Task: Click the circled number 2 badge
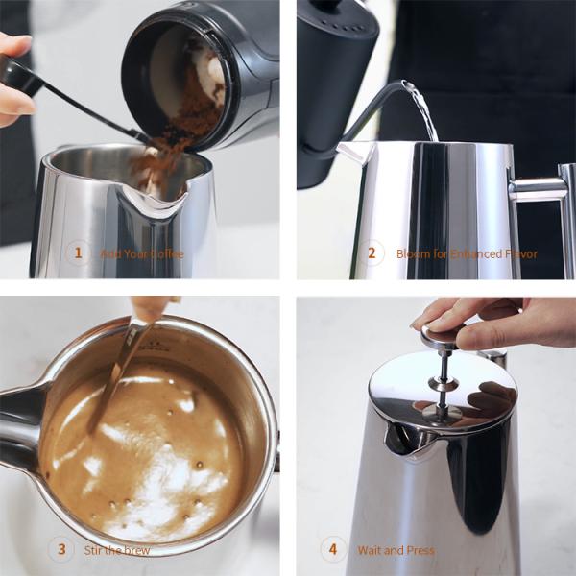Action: tap(372, 254)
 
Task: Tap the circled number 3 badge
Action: tap(61, 549)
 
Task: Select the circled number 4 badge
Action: tap(333, 550)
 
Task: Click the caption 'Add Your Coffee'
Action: tap(141, 254)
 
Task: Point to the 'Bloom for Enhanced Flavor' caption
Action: tap(467, 254)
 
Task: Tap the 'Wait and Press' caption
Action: tap(396, 550)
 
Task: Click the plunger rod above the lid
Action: tap(444, 370)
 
